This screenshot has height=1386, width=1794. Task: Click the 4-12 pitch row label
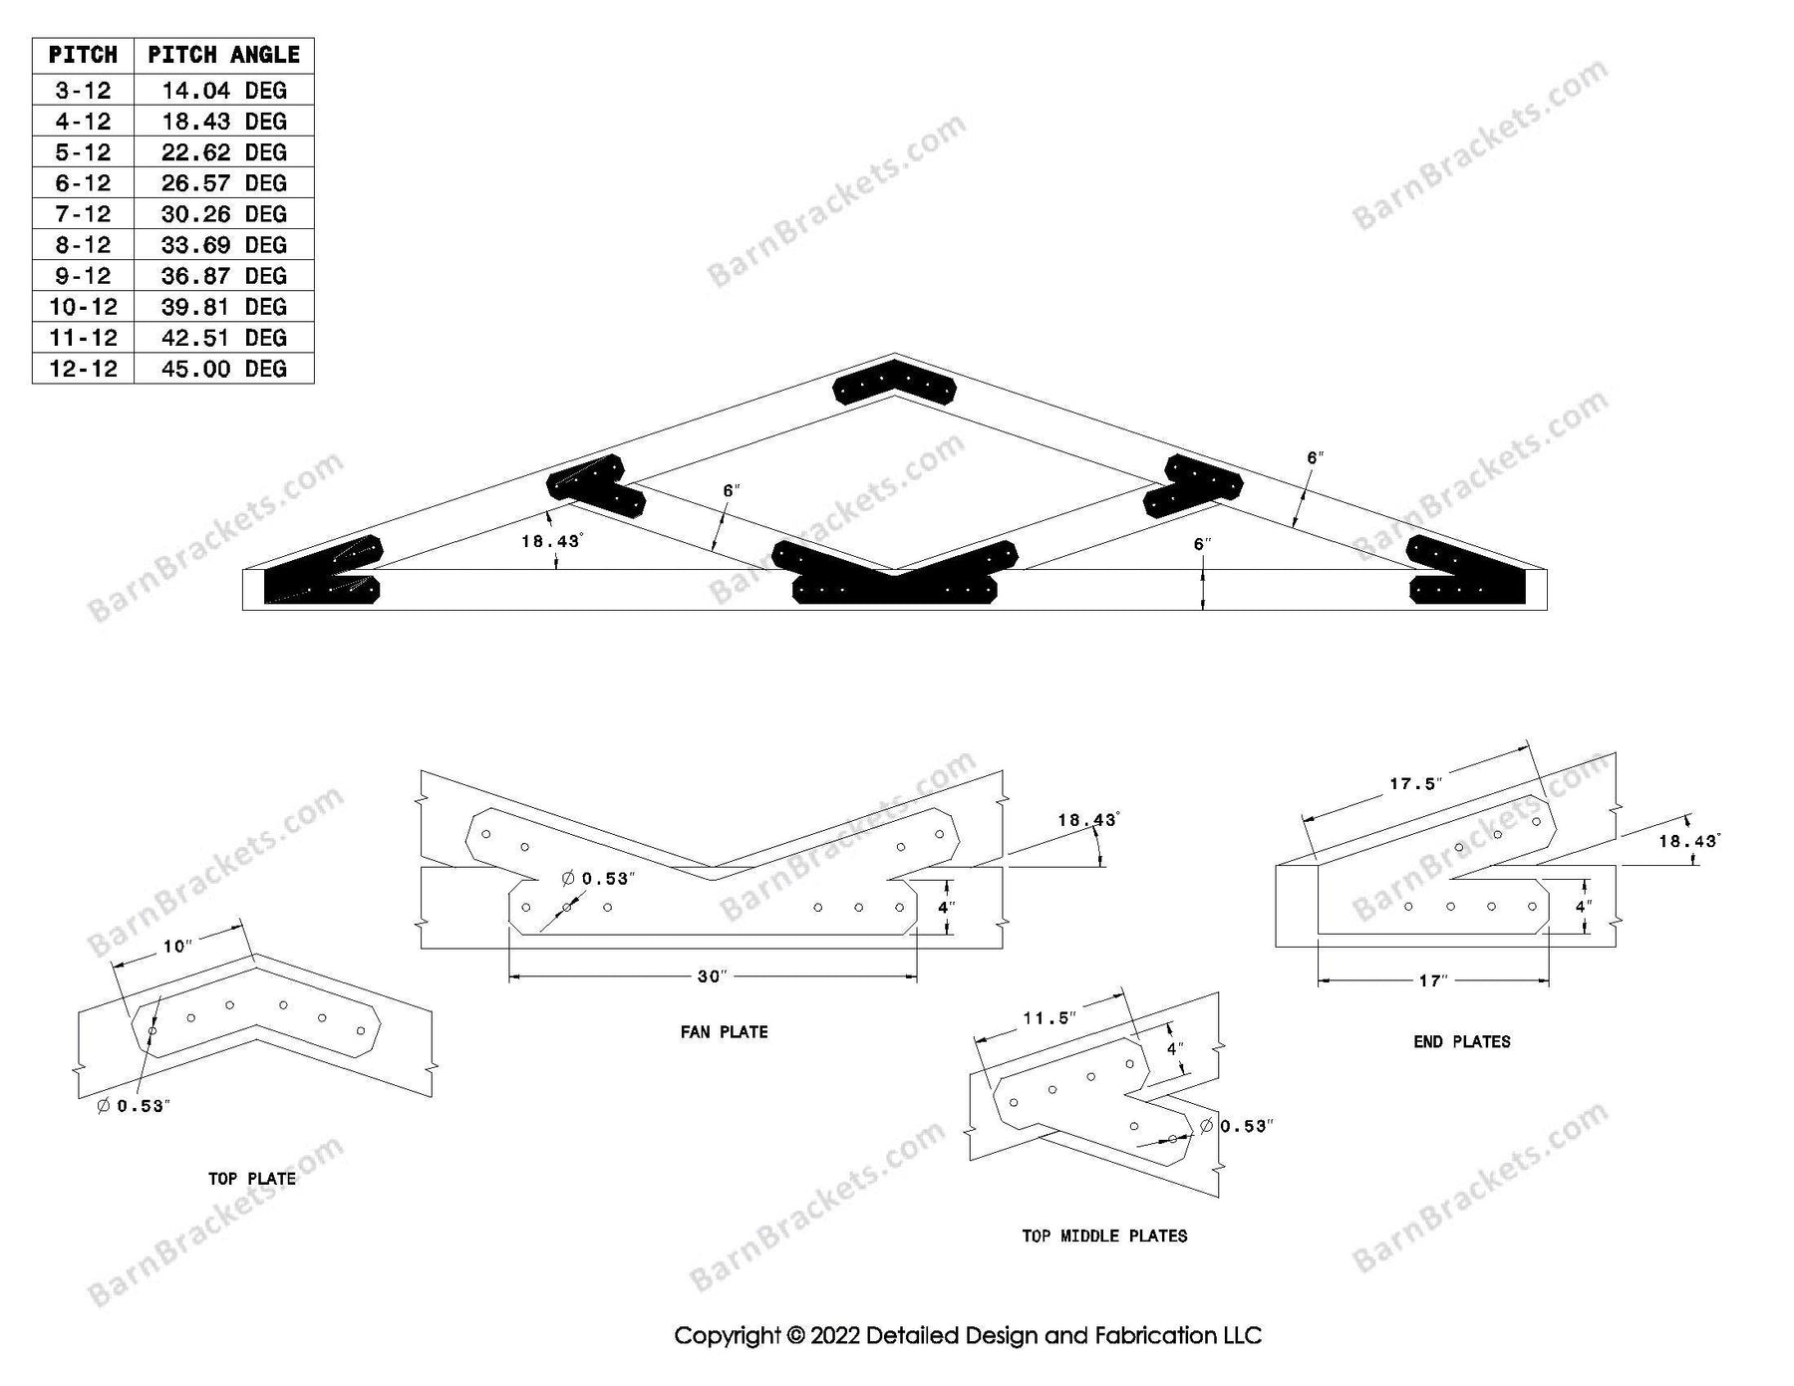(83, 122)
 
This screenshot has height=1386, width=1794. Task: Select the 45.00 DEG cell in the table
(223, 369)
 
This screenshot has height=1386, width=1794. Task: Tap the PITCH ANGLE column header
(223, 55)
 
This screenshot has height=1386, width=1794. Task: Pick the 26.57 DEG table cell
(223, 183)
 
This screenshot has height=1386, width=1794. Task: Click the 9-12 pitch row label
(83, 276)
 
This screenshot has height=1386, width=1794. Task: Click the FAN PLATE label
(724, 1032)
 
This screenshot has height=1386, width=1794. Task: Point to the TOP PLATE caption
(251, 1179)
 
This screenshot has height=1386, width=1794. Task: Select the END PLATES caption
(1461, 1042)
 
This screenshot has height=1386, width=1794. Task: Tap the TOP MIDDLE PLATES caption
(1104, 1237)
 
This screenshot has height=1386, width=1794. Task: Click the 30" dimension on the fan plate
(710, 976)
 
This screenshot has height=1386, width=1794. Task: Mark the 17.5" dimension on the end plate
(1415, 784)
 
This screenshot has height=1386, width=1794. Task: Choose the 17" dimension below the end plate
(1432, 981)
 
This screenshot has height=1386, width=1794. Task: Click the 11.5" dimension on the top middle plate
(1049, 1018)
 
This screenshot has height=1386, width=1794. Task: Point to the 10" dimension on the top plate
(176, 946)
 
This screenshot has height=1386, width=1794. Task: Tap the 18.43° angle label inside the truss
(551, 541)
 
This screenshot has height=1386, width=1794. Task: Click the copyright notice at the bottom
(967, 1335)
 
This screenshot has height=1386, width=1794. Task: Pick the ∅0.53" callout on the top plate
(135, 1106)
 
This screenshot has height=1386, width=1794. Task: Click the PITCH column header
(83, 55)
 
